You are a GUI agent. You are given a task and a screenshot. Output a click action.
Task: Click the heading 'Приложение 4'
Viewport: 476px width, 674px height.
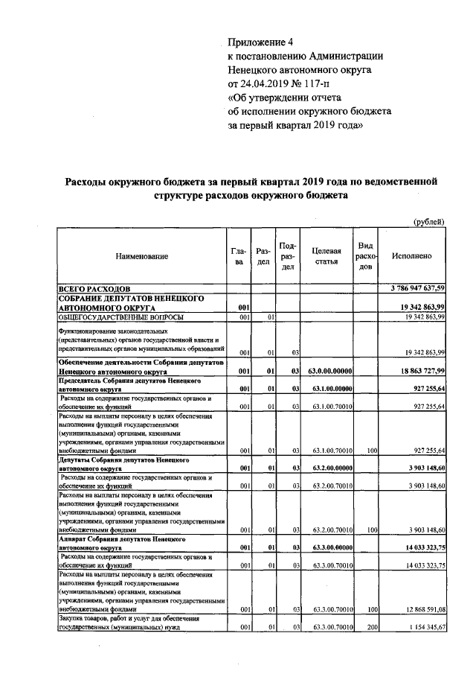coord(263,41)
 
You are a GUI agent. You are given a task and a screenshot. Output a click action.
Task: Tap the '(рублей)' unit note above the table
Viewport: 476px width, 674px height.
coord(428,221)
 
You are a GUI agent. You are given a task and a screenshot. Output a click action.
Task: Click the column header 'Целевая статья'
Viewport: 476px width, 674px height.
coord(327,256)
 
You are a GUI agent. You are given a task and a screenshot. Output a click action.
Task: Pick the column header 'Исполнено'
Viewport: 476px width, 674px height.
coord(411,256)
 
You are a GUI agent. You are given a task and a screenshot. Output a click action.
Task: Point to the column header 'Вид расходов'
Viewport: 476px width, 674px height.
coord(365,256)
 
